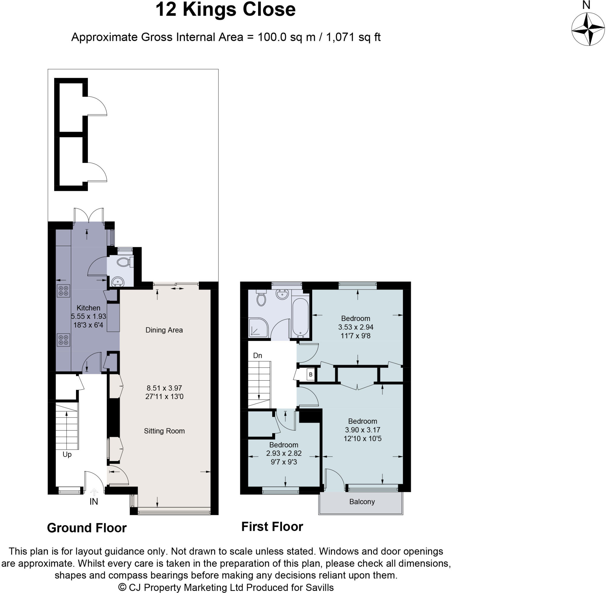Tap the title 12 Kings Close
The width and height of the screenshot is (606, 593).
[x=225, y=10]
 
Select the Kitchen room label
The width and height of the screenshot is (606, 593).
[x=88, y=308]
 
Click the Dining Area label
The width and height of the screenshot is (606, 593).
[x=164, y=330]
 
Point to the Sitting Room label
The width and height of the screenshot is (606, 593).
[x=164, y=431]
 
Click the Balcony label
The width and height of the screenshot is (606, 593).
[x=362, y=502]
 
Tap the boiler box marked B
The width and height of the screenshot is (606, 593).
[x=310, y=374]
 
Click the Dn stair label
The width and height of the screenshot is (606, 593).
[x=257, y=356]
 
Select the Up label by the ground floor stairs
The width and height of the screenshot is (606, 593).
[x=67, y=454]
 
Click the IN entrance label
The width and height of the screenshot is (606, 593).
[x=94, y=502]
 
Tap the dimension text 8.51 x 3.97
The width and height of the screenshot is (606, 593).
[x=164, y=388]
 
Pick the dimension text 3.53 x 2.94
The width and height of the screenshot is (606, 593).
[x=355, y=327]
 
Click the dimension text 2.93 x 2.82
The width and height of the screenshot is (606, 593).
[x=283, y=453]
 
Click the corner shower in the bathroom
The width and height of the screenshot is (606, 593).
[x=258, y=328]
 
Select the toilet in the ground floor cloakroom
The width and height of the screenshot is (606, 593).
[x=124, y=262]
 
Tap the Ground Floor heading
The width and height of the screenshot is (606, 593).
[x=87, y=528]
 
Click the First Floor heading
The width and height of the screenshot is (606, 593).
[x=272, y=527]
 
